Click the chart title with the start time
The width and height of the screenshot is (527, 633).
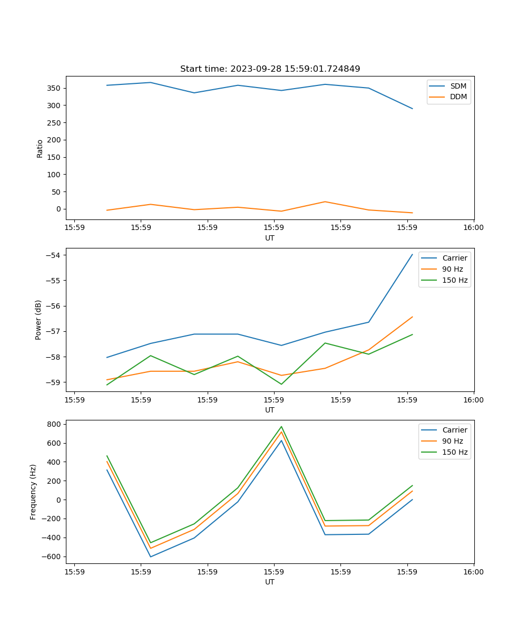270,69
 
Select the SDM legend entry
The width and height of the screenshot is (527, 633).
458,86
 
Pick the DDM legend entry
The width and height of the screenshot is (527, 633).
458,97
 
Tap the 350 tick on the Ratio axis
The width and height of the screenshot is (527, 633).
54,88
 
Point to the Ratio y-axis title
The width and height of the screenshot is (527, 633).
40,148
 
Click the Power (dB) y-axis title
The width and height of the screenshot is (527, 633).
38,320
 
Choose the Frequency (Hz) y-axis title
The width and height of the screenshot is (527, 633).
33,492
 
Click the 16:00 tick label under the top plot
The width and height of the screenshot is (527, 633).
473,227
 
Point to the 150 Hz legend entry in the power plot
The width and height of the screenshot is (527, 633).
455,280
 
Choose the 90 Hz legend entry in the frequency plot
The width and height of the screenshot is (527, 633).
453,441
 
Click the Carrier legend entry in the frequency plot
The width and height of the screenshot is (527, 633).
455,430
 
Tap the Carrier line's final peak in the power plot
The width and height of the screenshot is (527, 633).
412,254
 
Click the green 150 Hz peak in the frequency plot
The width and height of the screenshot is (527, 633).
281,427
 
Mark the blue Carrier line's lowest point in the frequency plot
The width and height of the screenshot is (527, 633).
151,557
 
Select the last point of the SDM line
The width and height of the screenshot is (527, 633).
412,109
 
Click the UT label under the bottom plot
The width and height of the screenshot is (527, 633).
270,582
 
